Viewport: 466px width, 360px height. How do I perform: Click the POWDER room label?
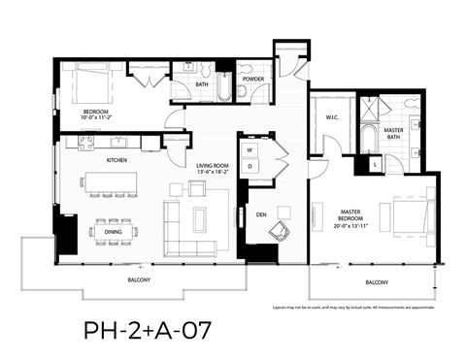252,80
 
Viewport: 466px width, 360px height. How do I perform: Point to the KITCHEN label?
117,159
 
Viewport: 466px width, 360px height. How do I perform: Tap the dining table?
113,231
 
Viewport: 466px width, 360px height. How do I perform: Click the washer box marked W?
250,150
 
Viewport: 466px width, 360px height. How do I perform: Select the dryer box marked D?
250,167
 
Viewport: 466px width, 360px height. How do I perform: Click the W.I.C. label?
331,119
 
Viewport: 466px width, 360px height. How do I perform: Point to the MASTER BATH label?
393,133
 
